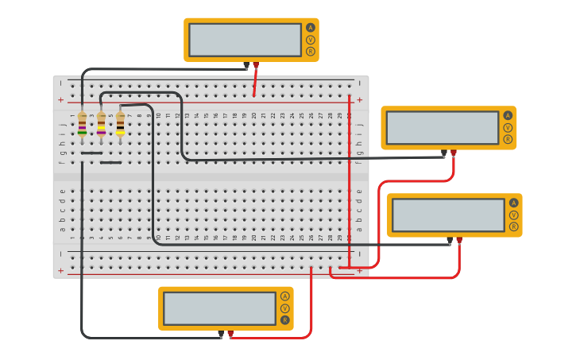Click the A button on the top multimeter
click(311, 28)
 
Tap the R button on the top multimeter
click(311, 52)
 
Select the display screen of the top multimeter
click(245, 40)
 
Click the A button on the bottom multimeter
click(285, 296)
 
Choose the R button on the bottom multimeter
click(285, 320)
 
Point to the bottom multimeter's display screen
click(219, 308)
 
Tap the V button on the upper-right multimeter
click(508, 127)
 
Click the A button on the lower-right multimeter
click(514, 203)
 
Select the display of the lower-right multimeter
click(448, 215)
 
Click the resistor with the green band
click(82, 123)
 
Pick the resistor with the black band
click(121, 123)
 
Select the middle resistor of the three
click(102, 123)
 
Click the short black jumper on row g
click(91, 153)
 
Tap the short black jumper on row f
click(110, 162)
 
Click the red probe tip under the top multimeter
click(256, 65)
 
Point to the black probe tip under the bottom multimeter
click(221, 335)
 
